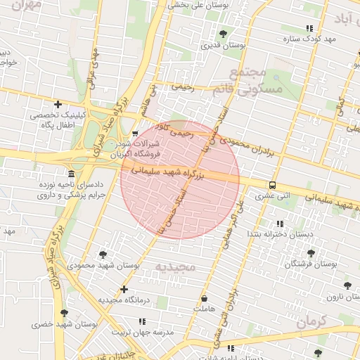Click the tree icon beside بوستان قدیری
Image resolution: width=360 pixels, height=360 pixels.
pyautogui.click(x=223, y=33)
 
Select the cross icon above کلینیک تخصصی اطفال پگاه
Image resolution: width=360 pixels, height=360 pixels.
pyautogui.click(x=58, y=104)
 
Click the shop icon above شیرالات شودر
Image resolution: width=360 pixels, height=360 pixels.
pyautogui.click(x=135, y=133)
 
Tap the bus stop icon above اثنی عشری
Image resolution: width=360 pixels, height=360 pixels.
pyautogui.click(x=272, y=186)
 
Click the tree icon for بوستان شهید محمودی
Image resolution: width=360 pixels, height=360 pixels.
pyautogui.click(x=103, y=255)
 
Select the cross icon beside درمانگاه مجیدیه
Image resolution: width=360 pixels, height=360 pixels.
pyautogui.click(x=124, y=289)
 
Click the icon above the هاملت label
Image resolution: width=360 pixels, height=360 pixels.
pyautogui.click(x=204, y=298)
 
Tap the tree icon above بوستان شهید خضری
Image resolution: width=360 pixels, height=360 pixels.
pyautogui.click(x=65, y=313)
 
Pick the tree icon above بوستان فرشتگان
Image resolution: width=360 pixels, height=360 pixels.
pyautogui.click(x=311, y=253)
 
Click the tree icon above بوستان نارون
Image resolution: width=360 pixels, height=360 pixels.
pyautogui.click(x=347, y=285)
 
